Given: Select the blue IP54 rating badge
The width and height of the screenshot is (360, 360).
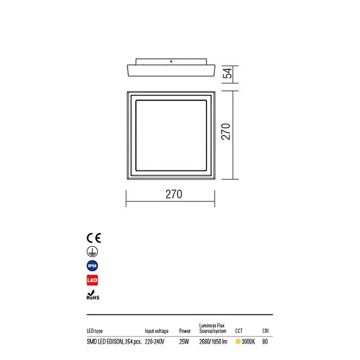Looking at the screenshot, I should [x=92, y=266].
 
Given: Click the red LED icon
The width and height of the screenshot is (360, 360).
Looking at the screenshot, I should [x=92, y=280].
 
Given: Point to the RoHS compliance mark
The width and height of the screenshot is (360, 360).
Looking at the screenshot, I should [x=92, y=295].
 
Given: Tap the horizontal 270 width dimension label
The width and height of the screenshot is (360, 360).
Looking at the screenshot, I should [x=174, y=195].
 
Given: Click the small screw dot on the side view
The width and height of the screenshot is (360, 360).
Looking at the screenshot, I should [x=171, y=61].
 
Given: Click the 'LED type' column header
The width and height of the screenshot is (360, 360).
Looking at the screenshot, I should [x=95, y=330].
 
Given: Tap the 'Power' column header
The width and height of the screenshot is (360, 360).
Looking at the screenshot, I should [x=185, y=330].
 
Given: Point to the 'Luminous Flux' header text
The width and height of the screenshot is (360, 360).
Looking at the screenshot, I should [x=212, y=323].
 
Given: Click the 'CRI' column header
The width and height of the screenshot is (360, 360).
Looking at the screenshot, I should [x=265, y=330].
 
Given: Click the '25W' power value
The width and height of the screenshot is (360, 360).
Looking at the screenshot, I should [x=184, y=342].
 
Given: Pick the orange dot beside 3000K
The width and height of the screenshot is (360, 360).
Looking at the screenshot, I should [x=238, y=342].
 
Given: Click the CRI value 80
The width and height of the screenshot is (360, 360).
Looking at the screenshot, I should [x=265, y=342].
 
